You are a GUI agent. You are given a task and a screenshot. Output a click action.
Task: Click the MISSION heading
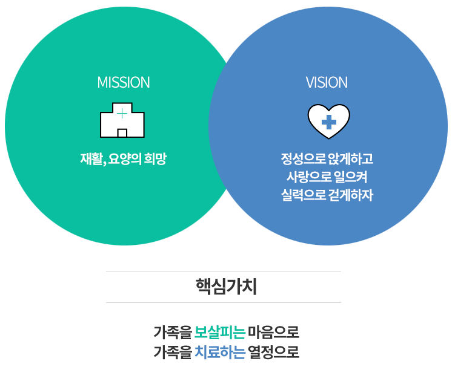pos(124,82)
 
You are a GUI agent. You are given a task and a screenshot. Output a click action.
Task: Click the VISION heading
pos(327,82)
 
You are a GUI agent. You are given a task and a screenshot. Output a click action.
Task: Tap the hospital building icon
pos(122,120)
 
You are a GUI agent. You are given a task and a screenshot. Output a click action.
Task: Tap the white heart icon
pos(328,122)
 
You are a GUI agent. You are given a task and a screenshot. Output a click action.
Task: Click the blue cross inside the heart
pos(328,122)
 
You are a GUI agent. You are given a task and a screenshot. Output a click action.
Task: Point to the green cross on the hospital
pos(122,114)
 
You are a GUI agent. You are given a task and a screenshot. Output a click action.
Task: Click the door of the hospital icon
pos(122,133)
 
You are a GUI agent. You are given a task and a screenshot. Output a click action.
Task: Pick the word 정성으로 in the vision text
pos(303,159)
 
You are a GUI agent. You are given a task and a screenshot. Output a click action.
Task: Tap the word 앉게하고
pos(351,159)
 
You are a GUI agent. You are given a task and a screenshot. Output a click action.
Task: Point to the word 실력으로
pos(303,195)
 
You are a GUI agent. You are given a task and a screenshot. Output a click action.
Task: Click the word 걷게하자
pos(351,195)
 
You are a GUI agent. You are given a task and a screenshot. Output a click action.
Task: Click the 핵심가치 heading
pos(226,287)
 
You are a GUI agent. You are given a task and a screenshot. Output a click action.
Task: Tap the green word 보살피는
pos(220,333)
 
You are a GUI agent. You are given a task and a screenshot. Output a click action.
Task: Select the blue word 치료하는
pos(220,352)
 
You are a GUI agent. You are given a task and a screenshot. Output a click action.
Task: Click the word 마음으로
pos(274,333)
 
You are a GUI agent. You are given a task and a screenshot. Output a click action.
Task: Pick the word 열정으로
pos(274,352)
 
